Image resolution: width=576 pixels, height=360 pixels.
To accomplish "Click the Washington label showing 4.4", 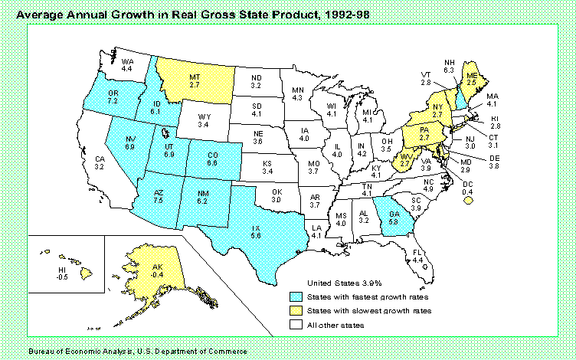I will pos(126,63).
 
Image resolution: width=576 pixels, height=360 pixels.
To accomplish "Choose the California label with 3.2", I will pos(99,162).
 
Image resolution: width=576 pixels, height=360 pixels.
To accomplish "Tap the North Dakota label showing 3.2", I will pos(256,82).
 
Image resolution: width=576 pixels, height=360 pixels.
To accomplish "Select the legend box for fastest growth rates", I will pos(296,296).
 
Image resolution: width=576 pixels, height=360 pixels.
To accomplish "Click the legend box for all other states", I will pos(296,325).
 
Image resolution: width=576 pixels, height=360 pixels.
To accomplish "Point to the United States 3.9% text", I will pos(340,281).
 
